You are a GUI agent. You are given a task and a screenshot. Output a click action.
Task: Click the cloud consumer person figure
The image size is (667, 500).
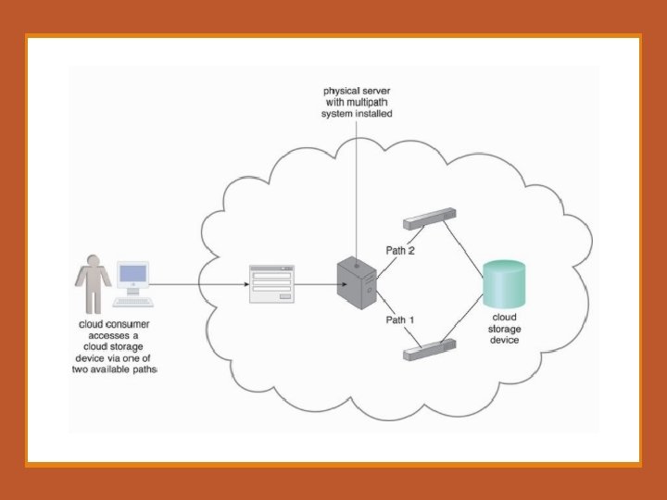93,283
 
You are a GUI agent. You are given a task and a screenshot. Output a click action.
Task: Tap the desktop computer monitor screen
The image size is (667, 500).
132,275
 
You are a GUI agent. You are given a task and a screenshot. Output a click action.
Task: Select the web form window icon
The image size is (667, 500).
271,284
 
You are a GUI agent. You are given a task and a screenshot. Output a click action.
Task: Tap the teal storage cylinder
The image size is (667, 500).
504,284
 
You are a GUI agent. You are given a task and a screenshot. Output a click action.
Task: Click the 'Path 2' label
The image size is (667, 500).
399,251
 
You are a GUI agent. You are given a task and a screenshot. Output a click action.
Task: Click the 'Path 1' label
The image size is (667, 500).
399,319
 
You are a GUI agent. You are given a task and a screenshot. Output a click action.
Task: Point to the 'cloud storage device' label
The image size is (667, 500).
504,329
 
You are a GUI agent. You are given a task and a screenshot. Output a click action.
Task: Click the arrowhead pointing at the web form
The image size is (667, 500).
244,284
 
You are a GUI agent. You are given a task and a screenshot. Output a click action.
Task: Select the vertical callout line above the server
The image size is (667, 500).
357,185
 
